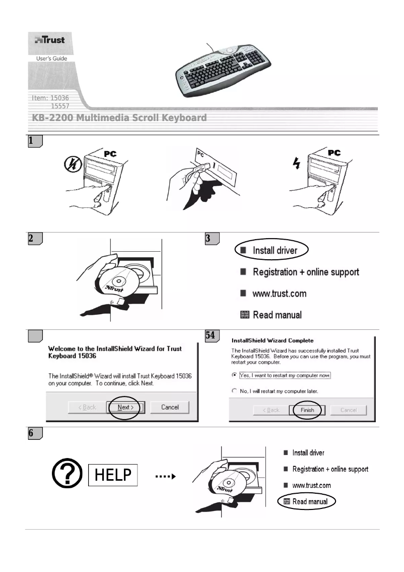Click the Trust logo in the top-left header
pos(49,40)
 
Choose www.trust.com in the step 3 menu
pos(279,293)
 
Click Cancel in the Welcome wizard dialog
pos(170,407)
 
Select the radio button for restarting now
pos(234,376)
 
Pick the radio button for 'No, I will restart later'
pos(234,391)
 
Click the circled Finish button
pos(307,410)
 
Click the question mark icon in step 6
pos(68,475)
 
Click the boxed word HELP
pos(113,475)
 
